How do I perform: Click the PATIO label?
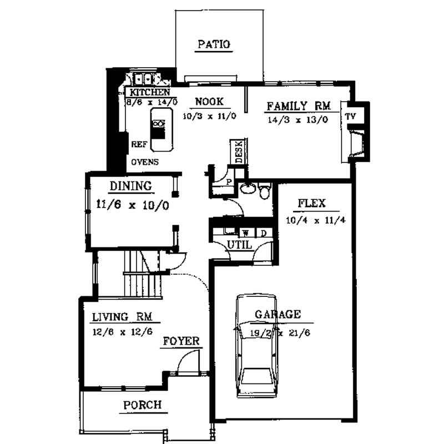[x=213, y=45]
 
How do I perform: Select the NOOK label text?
[x=209, y=102]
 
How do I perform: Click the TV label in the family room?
[x=350, y=116]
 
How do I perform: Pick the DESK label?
[x=239, y=152]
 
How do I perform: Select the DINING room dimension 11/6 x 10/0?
[x=132, y=204]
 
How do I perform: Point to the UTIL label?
[x=240, y=245]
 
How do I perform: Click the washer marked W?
[x=245, y=233]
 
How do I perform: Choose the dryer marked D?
[x=264, y=233]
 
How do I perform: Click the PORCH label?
[x=142, y=405]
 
